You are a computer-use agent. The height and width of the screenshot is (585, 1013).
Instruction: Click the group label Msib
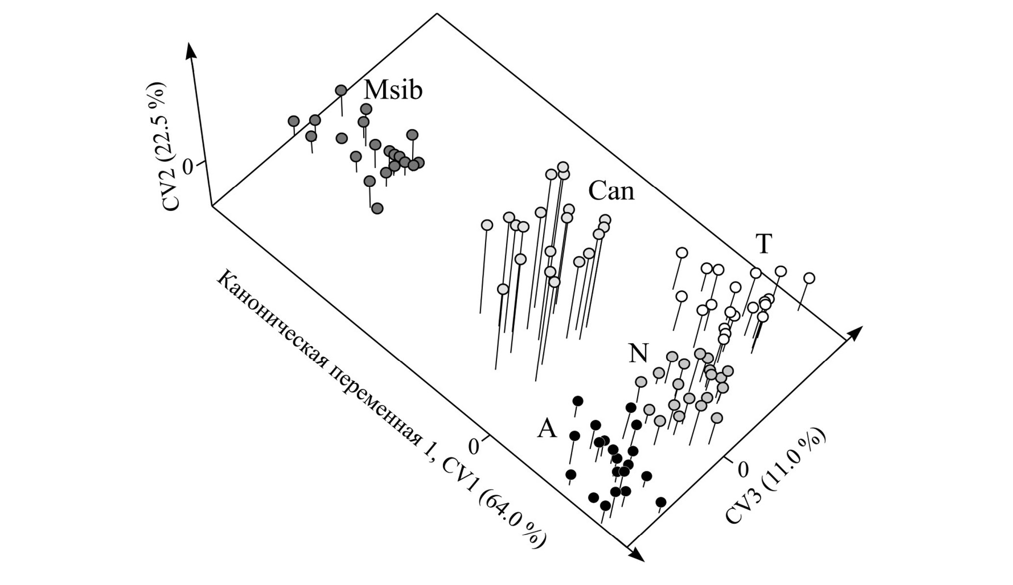[x=393, y=90]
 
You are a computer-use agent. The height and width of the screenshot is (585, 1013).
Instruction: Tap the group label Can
[x=611, y=191]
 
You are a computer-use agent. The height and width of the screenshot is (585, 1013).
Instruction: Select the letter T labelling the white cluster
[x=764, y=243]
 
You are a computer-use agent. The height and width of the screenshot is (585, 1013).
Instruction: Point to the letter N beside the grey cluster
[x=638, y=353]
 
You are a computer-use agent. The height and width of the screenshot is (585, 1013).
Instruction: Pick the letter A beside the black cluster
[x=547, y=429]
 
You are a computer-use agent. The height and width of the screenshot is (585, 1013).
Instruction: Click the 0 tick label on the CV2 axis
[x=188, y=167]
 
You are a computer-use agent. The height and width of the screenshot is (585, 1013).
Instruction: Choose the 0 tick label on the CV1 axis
[x=473, y=447]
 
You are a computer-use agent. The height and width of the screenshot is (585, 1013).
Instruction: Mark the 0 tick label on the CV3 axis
[x=743, y=469]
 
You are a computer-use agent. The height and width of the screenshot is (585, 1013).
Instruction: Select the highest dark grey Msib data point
[x=341, y=90]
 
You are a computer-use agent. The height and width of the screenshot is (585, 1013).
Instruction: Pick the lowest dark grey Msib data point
[x=377, y=208]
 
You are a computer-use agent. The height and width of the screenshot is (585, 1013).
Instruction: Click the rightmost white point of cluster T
[x=809, y=279]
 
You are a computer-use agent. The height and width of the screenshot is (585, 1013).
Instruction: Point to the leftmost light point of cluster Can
[x=487, y=225]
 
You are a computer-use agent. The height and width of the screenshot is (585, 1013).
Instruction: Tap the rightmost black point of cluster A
[x=661, y=502]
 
